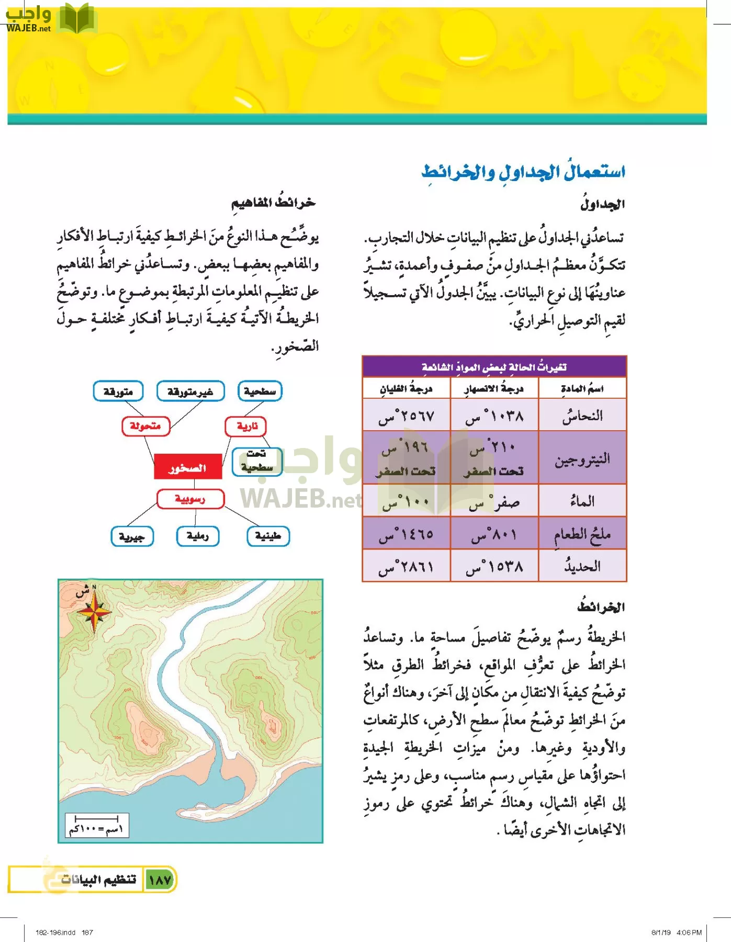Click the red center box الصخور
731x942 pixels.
click(x=188, y=467)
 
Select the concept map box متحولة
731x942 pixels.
click(x=145, y=426)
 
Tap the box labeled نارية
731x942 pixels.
click(x=246, y=426)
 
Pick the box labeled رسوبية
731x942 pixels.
click(x=190, y=499)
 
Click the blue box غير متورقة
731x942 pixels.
click(x=190, y=391)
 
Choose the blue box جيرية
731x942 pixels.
click(x=132, y=536)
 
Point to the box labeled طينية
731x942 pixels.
click(x=268, y=536)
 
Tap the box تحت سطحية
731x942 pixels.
click(x=257, y=461)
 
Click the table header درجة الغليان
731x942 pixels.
click(x=406, y=389)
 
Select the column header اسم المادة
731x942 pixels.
click(x=582, y=389)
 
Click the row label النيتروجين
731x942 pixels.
click(x=582, y=458)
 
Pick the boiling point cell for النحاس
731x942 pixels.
click(x=406, y=417)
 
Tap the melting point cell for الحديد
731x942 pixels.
click(x=494, y=566)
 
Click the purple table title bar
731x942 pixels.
click(x=494, y=367)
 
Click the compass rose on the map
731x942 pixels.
click(x=94, y=611)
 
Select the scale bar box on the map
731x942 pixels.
click(x=97, y=825)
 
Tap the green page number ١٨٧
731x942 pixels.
click(x=160, y=880)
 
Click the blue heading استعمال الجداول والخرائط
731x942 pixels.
click(x=523, y=172)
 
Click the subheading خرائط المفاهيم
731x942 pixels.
click(x=274, y=203)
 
